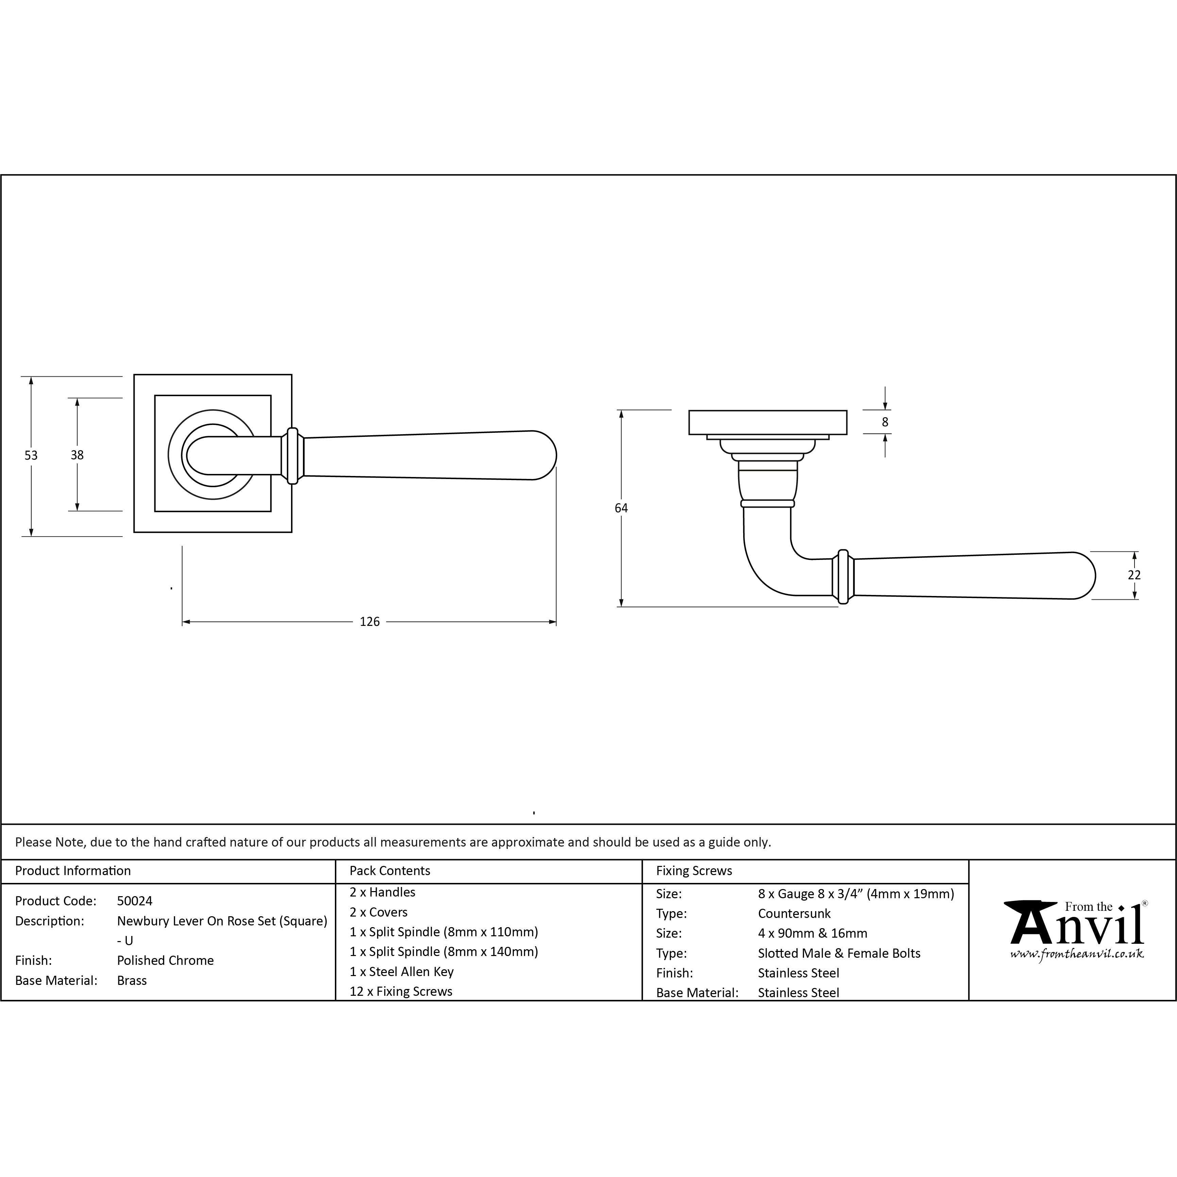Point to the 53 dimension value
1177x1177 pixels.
(x=31, y=455)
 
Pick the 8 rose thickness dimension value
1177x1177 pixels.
(x=885, y=422)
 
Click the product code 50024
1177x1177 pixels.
(x=135, y=901)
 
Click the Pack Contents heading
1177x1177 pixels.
(x=390, y=871)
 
